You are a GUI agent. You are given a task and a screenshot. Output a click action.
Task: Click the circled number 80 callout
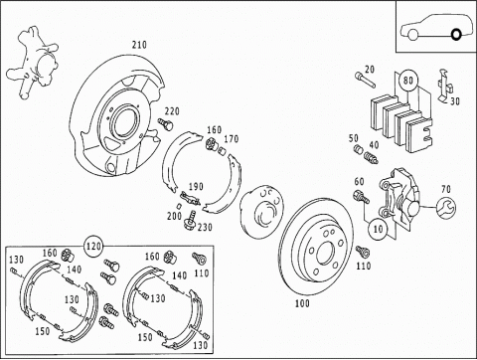408,81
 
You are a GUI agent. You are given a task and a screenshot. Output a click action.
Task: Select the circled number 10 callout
378,229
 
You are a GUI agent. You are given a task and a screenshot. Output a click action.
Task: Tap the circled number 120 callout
93,247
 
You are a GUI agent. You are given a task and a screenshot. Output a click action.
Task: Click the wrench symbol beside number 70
445,208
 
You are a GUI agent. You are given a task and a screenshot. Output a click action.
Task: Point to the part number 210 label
139,45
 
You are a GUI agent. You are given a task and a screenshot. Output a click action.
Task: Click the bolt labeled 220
165,124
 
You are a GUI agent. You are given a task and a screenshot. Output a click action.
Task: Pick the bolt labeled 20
366,80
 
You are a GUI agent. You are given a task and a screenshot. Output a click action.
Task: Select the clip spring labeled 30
445,86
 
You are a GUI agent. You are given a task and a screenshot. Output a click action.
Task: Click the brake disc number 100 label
302,303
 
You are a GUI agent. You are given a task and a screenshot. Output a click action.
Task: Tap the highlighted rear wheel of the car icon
456,34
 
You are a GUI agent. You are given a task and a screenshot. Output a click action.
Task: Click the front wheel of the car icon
412,35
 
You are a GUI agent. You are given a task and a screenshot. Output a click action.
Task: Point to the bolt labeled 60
362,196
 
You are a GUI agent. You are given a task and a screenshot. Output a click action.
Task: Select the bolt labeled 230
190,220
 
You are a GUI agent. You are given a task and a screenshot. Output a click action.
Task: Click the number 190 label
196,187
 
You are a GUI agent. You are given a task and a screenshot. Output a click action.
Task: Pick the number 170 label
231,139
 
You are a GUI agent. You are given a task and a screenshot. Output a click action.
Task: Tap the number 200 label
174,216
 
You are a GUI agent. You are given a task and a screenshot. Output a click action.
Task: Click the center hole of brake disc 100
324,254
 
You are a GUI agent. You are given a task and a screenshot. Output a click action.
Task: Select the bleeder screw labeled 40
371,157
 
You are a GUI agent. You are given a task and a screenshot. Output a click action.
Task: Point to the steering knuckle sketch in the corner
33,63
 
